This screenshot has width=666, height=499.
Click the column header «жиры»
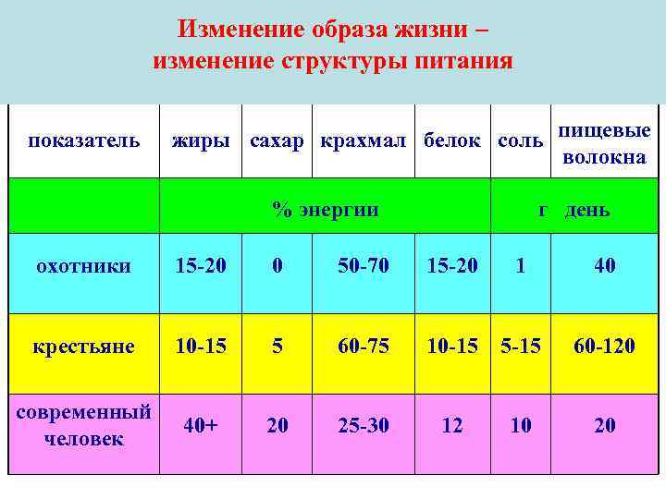click(200, 141)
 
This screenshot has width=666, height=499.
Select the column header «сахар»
click(277, 141)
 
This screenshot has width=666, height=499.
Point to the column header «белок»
click(452, 141)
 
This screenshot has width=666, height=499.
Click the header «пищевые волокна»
click(604, 144)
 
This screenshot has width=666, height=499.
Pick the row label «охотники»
click(83, 266)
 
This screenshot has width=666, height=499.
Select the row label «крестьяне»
click(83, 347)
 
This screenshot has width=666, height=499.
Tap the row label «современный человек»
click(83, 426)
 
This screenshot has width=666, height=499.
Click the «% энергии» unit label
click(325, 209)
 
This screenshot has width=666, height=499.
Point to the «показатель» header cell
click(83, 141)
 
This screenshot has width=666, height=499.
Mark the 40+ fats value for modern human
click(201, 426)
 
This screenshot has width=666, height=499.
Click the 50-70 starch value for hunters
click(364, 266)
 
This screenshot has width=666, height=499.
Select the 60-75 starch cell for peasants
click(364, 347)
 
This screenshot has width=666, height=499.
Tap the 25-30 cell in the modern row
click(364, 426)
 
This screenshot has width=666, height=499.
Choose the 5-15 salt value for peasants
click(521, 347)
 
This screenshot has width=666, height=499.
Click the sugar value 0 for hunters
click(277, 266)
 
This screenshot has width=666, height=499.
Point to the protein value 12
click(452, 426)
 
